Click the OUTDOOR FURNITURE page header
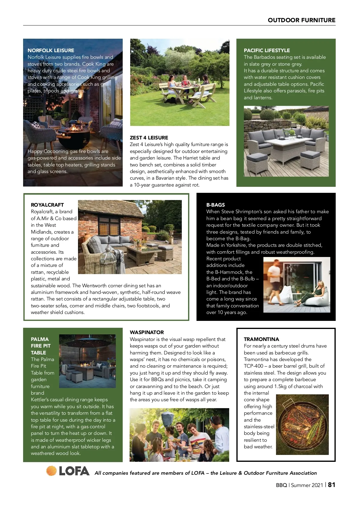[301, 20]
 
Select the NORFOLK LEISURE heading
[51, 50]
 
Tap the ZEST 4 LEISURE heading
[149, 138]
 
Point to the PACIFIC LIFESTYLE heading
[267, 50]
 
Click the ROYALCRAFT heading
[47, 205]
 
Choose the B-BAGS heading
[215, 205]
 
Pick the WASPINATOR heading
[147, 332]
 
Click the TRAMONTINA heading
[261, 339]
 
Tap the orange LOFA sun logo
[51, 471]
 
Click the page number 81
[331, 485]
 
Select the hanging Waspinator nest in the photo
[166, 418]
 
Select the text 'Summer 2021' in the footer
[307, 485]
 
